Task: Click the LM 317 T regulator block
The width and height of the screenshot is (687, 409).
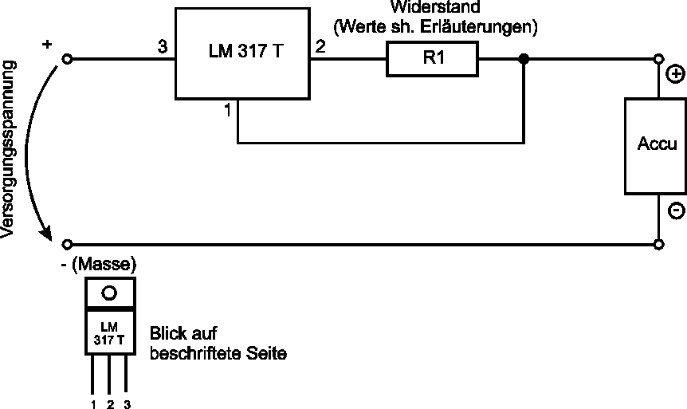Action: coord(241,53)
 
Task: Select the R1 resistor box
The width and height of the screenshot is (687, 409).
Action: coord(432,60)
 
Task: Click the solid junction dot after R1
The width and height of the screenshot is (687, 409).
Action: coord(524,60)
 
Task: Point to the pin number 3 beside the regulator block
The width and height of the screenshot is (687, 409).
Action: coord(163,47)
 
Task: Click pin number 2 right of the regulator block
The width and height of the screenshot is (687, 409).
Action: coord(320,47)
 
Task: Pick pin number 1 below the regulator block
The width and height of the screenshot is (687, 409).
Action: coord(228,112)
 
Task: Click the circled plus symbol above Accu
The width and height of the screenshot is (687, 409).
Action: coord(674,75)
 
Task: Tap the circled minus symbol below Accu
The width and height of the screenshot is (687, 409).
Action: coord(674,211)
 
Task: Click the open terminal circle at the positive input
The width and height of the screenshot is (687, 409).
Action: coord(68,60)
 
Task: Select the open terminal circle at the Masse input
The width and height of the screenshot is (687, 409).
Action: coord(68,243)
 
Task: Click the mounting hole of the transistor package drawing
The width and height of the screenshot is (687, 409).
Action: coord(110,292)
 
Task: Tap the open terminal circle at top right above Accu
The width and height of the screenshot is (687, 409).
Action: coord(659,60)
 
